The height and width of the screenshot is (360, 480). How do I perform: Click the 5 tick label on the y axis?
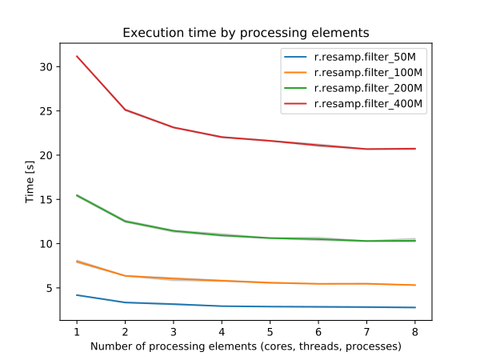50,288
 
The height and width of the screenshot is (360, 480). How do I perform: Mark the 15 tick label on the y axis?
47,199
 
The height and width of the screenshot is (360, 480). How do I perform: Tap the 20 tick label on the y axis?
47,155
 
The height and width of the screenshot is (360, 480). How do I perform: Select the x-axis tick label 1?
77,330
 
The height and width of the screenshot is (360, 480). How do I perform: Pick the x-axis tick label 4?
222,330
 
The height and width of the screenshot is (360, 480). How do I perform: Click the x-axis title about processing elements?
246,346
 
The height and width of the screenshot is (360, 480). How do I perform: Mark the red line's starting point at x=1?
77,56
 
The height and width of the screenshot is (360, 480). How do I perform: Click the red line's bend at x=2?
126,110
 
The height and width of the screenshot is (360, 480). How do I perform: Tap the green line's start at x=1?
77,195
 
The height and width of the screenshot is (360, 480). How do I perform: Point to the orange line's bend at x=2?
126,276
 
